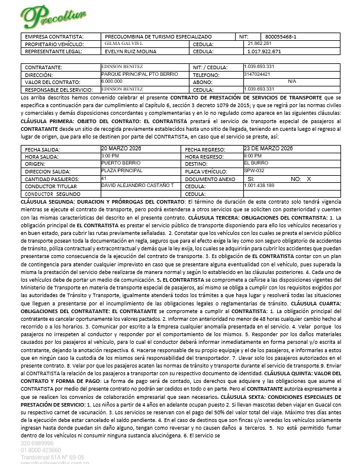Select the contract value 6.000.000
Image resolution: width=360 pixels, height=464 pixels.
112,81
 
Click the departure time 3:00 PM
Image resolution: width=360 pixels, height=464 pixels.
110,155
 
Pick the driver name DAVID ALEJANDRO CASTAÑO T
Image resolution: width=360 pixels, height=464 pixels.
137,186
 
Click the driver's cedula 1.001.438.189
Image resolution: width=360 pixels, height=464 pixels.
258,186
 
